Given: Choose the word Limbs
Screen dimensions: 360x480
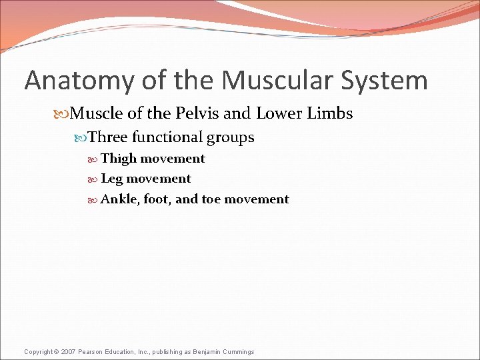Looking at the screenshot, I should pyautogui.click(x=330, y=113).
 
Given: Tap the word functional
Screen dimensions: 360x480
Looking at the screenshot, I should pyautogui.click(x=167, y=138).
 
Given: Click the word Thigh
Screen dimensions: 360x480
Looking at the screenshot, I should pyautogui.click(x=118, y=159).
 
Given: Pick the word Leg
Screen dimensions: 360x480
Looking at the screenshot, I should pyautogui.click(x=111, y=179).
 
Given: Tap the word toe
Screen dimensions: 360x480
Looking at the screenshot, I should pyautogui.click(x=211, y=199).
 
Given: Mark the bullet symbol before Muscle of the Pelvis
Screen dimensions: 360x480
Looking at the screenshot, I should pyautogui.click(x=63, y=114).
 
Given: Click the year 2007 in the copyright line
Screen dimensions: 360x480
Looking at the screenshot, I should pyautogui.click(x=68, y=351).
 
